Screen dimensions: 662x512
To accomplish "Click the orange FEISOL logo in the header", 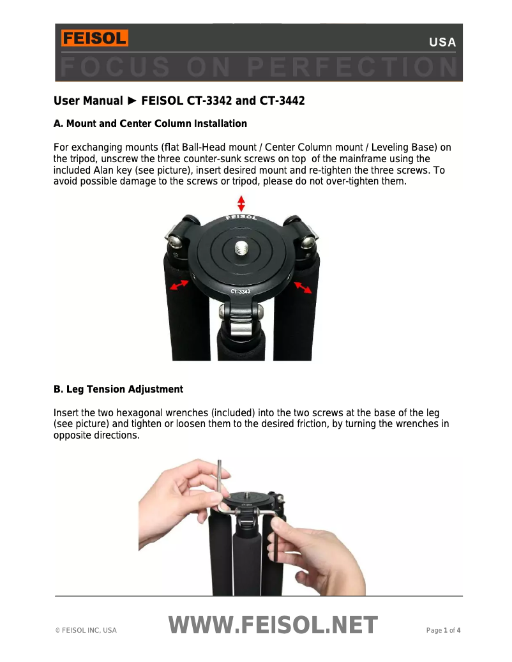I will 94,38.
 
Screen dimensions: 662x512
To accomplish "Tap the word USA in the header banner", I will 442,43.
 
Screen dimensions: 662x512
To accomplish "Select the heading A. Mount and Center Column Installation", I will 150,123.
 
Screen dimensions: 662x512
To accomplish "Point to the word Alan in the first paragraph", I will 98,170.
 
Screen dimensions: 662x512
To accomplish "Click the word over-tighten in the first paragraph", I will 351,181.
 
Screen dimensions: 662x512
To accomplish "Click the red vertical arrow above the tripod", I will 241,204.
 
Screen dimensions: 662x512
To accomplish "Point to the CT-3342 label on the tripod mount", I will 241,292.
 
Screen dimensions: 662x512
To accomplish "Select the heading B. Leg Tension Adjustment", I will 118,389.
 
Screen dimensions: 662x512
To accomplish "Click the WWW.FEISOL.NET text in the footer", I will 273,626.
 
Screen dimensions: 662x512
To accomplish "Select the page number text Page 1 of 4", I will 443,631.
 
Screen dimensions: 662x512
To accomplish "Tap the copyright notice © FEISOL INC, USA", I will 86,631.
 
